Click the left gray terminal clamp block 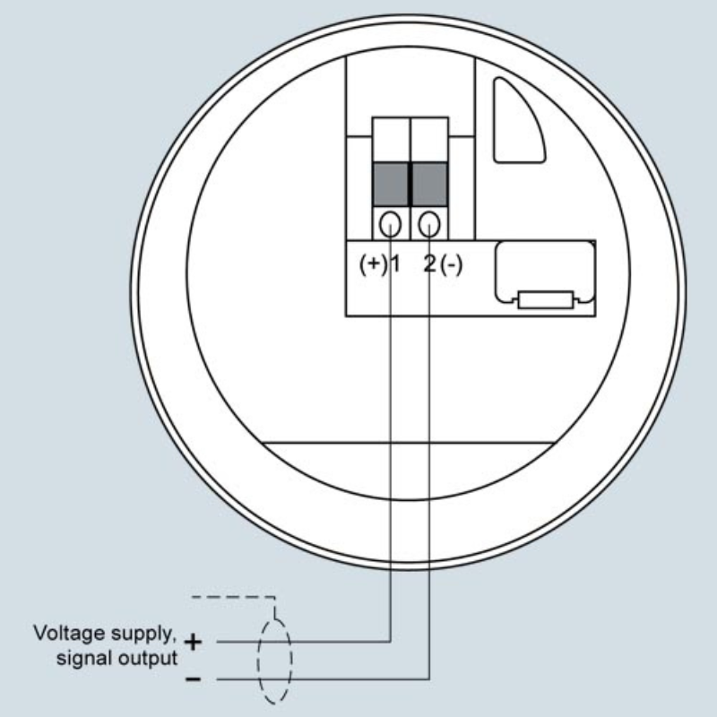(391, 184)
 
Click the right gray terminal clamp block (429, 184)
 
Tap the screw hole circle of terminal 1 (390, 225)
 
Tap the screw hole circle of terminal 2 (429, 225)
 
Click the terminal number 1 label (395, 264)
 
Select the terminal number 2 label (430, 263)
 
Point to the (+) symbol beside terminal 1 (374, 264)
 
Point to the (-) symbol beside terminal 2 (452, 264)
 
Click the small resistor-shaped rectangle (546, 300)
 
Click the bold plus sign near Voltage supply (193, 642)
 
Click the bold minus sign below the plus (193, 679)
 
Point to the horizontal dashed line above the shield (233, 597)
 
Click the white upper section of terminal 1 (391, 140)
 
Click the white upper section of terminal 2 (429, 140)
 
